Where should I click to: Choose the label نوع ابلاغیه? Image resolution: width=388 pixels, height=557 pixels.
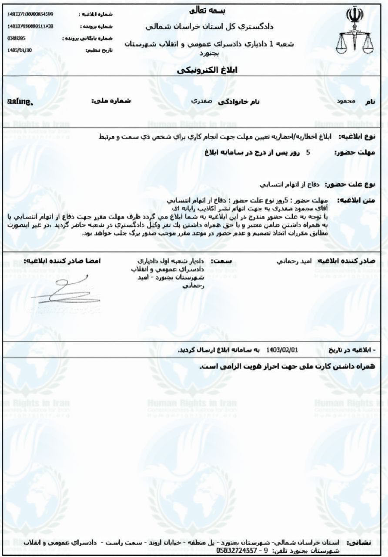(x=358, y=138)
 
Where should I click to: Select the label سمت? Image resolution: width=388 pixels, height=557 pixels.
(x=221, y=261)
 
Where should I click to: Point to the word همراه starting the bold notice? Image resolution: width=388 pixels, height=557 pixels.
(x=365, y=366)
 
